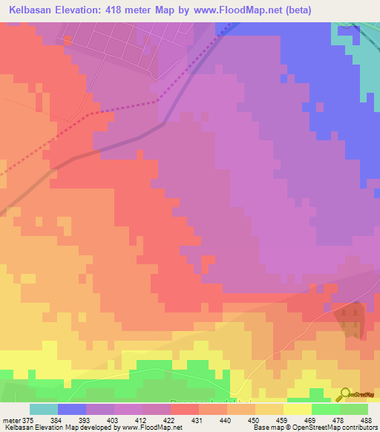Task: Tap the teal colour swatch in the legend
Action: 44,409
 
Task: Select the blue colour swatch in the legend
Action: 72,409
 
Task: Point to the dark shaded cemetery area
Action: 351,319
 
